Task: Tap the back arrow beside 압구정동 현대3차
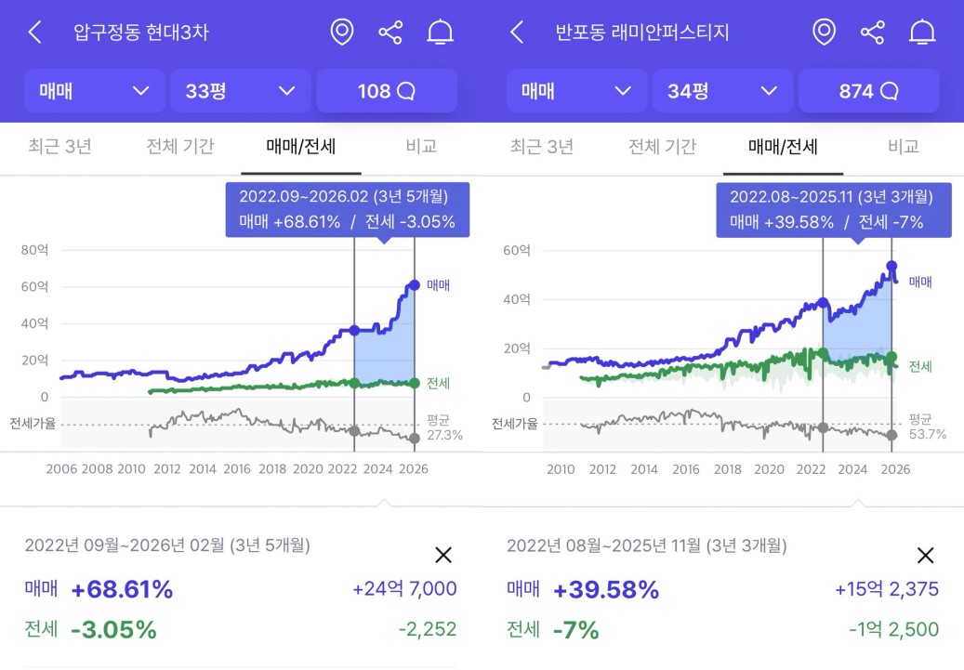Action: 34,33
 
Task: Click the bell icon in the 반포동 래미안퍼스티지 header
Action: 921,33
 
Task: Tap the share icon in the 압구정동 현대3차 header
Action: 390,33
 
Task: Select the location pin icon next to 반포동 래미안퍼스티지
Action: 824,33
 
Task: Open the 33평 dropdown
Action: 240,91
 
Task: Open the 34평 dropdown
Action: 722,91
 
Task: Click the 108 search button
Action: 386,91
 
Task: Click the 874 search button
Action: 868,91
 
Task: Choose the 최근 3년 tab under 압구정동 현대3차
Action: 59,146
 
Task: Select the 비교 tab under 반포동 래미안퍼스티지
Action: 903,146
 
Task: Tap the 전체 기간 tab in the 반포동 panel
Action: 662,146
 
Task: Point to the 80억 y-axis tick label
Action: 34,249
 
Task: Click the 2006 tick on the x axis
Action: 61,469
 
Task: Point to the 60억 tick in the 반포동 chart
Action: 516,250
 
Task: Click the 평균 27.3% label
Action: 444,427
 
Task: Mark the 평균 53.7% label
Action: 927,427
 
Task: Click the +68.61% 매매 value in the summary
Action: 122,589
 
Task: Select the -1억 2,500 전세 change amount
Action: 893,629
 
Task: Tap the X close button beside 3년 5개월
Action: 443,555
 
